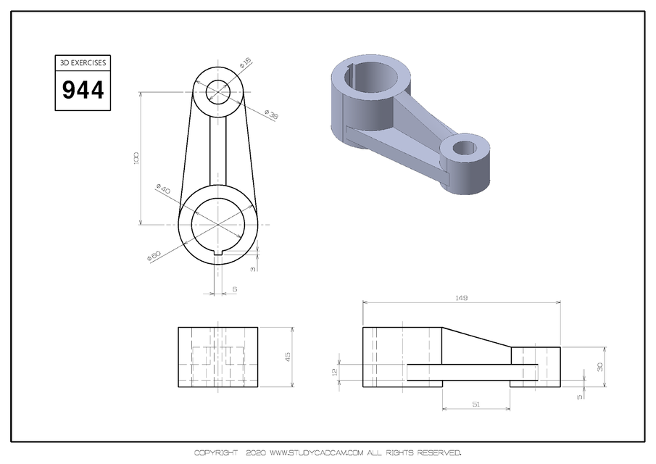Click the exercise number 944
(x=83, y=91)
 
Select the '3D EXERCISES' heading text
(x=83, y=63)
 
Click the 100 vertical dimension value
(x=136, y=158)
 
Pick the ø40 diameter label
(x=163, y=190)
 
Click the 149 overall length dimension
(x=461, y=297)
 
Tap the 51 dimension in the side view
(x=476, y=403)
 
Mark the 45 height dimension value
(x=287, y=357)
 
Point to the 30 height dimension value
(x=599, y=367)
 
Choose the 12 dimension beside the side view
(x=335, y=371)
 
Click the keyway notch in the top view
(x=218, y=252)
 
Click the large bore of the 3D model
(x=370, y=75)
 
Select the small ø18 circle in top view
(x=218, y=92)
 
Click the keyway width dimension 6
(x=234, y=289)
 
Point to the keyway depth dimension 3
(x=253, y=270)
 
